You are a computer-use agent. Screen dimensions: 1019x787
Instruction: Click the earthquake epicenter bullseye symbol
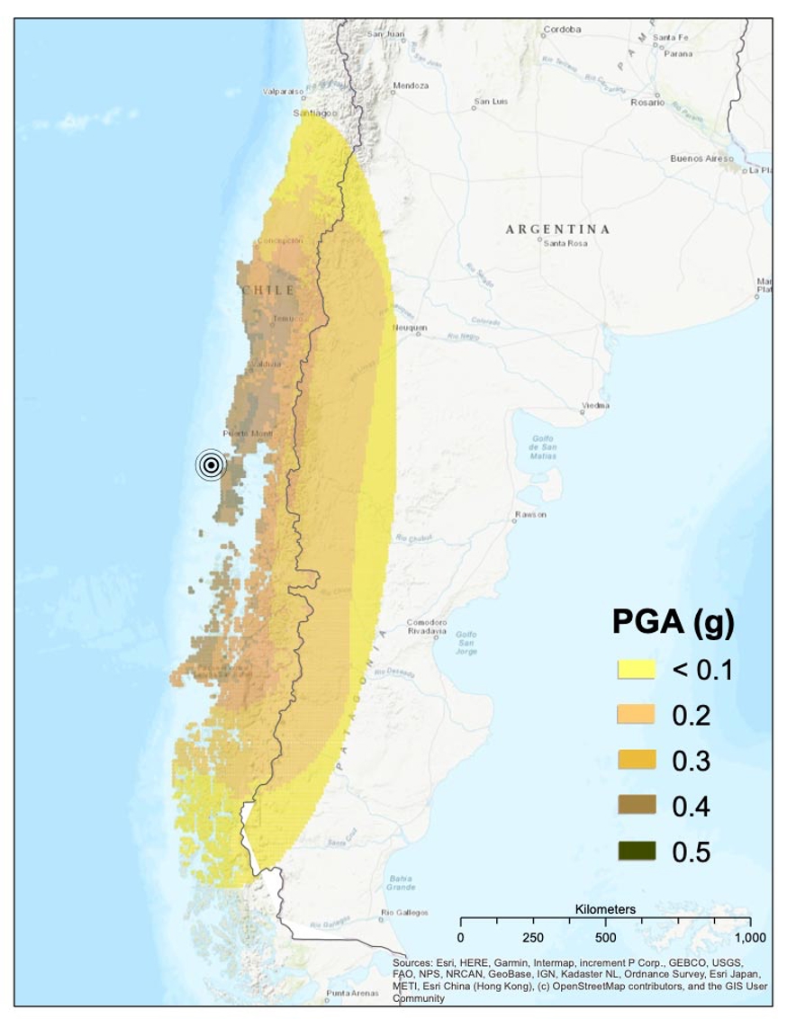[x=210, y=464]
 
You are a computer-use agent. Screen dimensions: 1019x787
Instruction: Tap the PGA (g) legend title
[x=673, y=622]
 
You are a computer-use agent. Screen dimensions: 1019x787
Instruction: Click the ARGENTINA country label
[x=557, y=230]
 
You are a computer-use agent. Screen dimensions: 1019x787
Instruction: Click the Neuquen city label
[x=409, y=328]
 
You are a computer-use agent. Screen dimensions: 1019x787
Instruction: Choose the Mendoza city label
[x=410, y=86]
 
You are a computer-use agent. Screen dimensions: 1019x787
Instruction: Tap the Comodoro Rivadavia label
[x=427, y=627]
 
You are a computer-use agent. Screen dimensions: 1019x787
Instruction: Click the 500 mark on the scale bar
[x=605, y=937]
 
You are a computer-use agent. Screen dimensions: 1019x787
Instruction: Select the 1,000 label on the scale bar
[x=749, y=937]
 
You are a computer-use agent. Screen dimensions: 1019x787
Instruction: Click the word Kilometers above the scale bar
[x=605, y=909]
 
